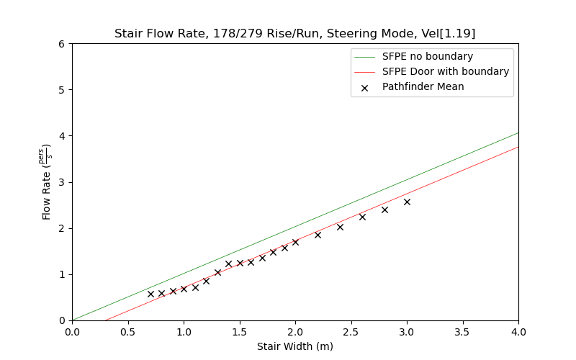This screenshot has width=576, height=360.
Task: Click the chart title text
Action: tap(294, 34)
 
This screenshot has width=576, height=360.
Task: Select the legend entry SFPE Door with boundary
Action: tap(445, 71)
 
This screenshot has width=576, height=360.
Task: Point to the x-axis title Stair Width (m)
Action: tap(295, 346)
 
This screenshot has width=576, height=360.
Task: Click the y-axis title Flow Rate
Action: tap(47, 182)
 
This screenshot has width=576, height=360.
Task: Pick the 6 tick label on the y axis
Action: tap(62, 44)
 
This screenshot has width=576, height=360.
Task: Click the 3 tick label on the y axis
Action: tap(62, 182)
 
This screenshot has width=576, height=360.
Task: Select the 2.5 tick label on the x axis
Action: tap(351, 333)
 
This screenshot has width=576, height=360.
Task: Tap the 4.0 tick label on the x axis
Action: tap(518, 333)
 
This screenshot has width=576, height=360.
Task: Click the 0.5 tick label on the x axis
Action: tap(127, 333)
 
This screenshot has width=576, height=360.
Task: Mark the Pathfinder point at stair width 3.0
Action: tap(407, 202)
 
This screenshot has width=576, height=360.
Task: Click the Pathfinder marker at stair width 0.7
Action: tap(150, 294)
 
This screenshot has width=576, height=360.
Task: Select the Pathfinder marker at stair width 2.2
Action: tap(318, 235)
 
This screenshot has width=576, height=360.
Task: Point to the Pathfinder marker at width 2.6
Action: tap(362, 217)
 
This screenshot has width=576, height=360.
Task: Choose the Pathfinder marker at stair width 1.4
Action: tap(228, 264)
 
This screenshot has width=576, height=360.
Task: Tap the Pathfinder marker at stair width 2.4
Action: tap(340, 227)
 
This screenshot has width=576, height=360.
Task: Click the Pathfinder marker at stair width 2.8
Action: tap(384, 210)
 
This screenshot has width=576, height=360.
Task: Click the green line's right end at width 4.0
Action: tap(518, 132)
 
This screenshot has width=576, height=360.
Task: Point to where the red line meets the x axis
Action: tap(105, 320)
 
